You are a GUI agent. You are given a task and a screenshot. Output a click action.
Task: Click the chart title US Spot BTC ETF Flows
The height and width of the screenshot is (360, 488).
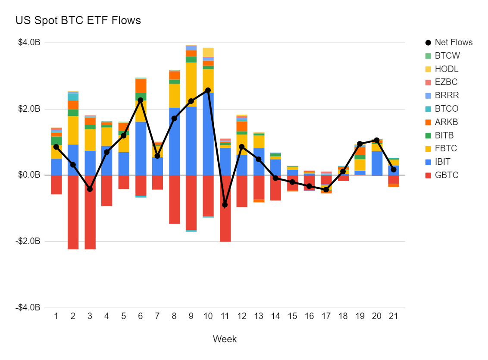[78, 20]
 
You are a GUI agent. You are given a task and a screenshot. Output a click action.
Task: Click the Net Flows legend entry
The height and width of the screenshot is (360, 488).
[453, 42]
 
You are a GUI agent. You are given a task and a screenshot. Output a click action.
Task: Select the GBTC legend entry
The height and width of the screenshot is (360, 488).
[447, 175]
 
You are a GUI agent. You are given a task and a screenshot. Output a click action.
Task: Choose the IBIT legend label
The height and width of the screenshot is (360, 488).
[444, 162]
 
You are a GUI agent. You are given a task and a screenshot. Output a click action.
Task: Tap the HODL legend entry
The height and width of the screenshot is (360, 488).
[446, 69]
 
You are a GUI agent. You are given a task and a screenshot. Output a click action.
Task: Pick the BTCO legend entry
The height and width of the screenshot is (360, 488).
[446, 109]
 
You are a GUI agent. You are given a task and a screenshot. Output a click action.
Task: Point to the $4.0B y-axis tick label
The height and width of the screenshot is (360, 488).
[29, 43]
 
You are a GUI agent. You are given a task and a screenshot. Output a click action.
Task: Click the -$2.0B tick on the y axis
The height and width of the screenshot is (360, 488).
[28, 241]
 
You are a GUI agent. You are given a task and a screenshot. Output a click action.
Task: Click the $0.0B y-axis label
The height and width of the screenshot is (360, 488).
[29, 175]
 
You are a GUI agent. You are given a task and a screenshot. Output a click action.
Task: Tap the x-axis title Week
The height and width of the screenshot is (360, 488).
[225, 339]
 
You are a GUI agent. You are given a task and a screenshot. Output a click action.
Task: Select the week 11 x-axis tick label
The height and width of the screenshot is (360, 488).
[225, 316]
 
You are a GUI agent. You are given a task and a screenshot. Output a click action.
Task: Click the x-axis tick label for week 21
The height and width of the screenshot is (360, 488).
[393, 316]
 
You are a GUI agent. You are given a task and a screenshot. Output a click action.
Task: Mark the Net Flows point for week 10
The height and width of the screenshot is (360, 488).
[208, 90]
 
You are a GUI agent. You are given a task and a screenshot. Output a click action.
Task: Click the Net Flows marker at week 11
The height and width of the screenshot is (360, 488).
[225, 204]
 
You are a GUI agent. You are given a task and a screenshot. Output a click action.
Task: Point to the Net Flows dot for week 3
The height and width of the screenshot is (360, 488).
[90, 189]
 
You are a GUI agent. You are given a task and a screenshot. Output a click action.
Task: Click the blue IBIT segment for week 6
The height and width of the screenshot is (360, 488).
[140, 148]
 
